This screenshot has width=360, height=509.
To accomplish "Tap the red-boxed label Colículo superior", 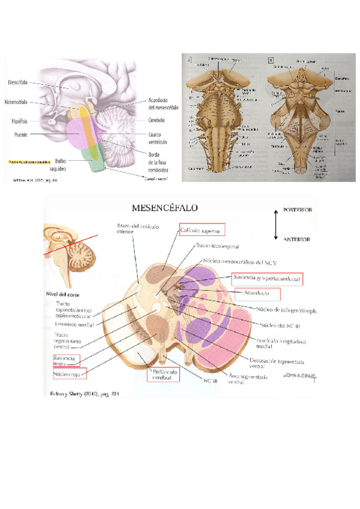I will click(x=202, y=229).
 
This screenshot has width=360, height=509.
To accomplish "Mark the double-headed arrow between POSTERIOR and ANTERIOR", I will click(x=275, y=225).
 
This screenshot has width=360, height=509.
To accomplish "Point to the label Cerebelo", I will click(x=158, y=119).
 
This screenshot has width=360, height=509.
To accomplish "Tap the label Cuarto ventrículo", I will click(x=160, y=139).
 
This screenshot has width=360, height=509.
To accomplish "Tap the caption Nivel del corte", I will click(x=63, y=294).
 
